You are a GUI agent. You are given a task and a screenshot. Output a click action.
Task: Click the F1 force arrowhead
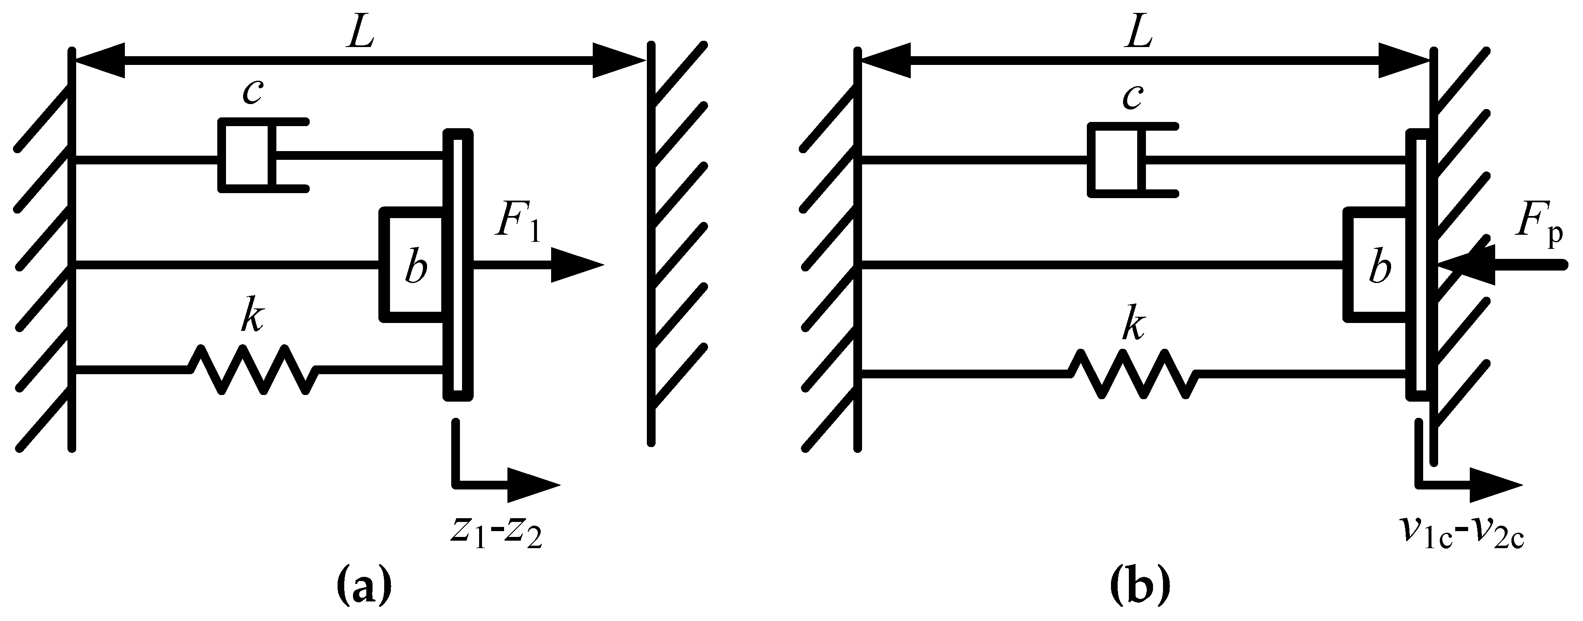tap(577, 266)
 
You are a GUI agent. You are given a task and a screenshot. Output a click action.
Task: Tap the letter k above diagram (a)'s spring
tap(251, 318)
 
